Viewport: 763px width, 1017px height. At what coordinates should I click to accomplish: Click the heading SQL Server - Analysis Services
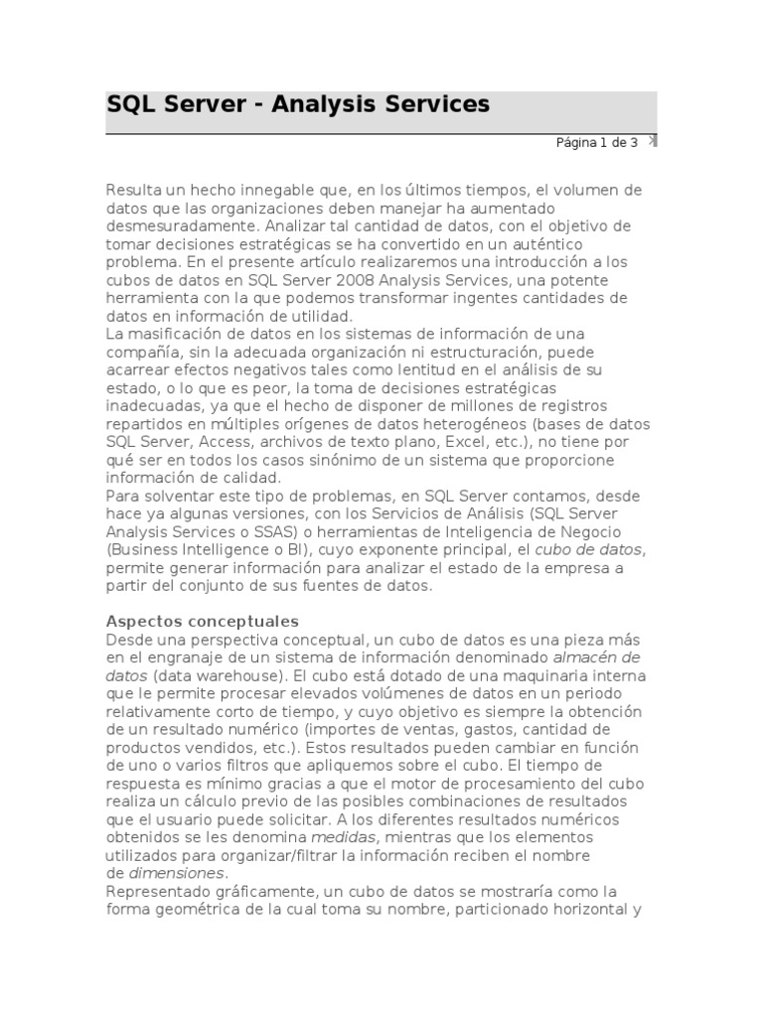(x=298, y=104)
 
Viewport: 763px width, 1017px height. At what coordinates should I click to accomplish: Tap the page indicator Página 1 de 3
(x=596, y=142)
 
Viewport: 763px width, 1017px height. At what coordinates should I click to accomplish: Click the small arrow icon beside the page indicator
(x=652, y=140)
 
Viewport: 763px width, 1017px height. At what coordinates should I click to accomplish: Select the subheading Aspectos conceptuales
(x=203, y=621)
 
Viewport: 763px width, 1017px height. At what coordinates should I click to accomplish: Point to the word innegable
(x=286, y=190)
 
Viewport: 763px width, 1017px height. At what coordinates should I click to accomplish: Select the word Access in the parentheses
(x=223, y=441)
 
